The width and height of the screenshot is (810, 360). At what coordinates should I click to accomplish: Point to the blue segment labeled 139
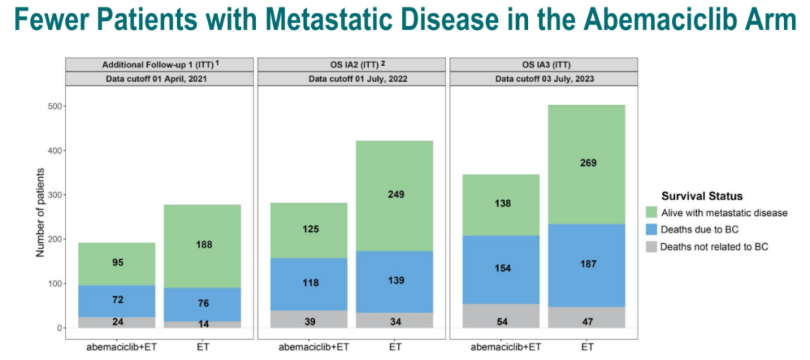pos(395,281)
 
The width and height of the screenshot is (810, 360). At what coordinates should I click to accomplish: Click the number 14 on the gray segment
pos(203,325)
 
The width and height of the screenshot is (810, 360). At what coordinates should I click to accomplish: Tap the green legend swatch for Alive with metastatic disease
pos(650,212)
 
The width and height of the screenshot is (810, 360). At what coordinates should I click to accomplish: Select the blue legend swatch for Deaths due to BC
pos(650,229)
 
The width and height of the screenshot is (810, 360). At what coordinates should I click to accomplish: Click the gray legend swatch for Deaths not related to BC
pos(650,246)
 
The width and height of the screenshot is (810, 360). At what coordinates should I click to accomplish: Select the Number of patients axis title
pos(40,211)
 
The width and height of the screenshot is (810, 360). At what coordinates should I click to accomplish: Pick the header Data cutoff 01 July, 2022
pos(353,79)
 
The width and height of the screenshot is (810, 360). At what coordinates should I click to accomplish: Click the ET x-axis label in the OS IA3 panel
pos(587,346)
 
